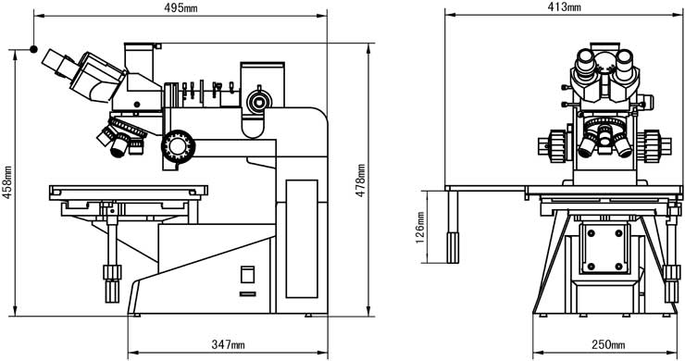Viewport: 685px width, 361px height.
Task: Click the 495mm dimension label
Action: pyautogui.click(x=181, y=7)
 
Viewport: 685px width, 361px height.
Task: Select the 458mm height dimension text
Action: pyautogui.click(x=7, y=182)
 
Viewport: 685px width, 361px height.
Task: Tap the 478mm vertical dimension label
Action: pyautogui.click(x=360, y=180)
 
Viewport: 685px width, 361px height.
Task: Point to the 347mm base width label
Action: pyautogui.click(x=228, y=345)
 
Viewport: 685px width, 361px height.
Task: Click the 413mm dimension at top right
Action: pyautogui.click(x=564, y=7)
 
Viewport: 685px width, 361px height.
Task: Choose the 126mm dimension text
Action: pyautogui.click(x=420, y=228)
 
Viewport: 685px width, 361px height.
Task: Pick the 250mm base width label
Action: pyautogui.click(x=608, y=345)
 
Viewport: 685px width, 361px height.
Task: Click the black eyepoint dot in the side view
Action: pyautogui.click(x=33, y=49)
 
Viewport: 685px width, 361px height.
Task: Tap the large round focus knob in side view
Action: pyautogui.click(x=178, y=146)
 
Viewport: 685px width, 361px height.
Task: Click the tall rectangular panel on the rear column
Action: pyautogui.click(x=302, y=239)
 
